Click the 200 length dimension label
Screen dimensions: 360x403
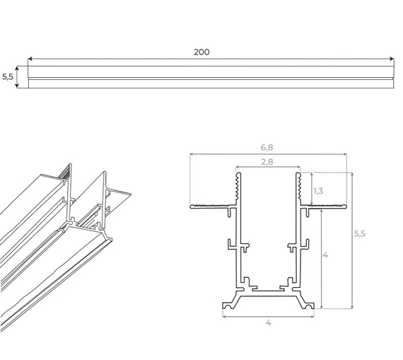(x=201, y=52)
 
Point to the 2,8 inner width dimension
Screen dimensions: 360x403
(x=268, y=162)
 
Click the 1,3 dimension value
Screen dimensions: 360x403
(x=319, y=190)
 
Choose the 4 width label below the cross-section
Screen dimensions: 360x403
(x=268, y=323)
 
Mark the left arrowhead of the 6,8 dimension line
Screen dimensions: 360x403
(x=192, y=154)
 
